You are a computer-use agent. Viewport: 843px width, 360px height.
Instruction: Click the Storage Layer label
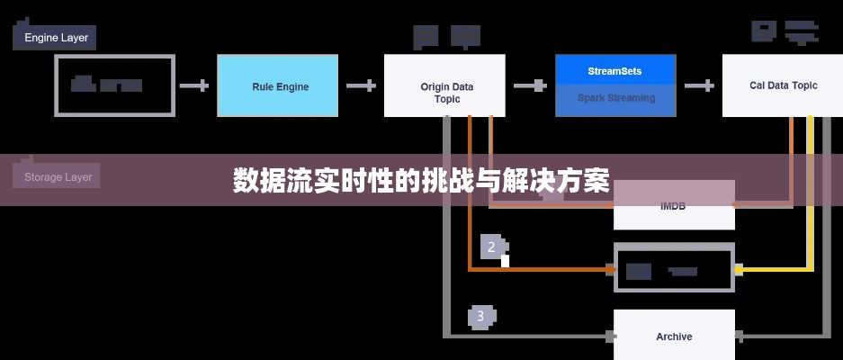[x=57, y=176]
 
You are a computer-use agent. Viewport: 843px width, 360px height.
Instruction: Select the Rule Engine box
[x=278, y=86]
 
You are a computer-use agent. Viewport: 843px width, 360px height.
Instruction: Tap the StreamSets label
[x=614, y=70]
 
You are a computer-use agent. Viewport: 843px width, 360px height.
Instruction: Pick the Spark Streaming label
[x=614, y=98]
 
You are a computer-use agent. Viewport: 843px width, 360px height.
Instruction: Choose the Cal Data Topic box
[x=783, y=85]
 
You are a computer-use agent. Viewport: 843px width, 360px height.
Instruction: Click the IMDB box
[x=673, y=206]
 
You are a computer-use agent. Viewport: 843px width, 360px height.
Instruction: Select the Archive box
[x=674, y=337]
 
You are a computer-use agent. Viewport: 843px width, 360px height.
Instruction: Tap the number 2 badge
[x=491, y=247]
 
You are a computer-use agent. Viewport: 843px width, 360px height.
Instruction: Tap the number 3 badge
[x=480, y=316]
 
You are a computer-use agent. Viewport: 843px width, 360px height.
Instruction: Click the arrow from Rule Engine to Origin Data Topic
[x=361, y=86]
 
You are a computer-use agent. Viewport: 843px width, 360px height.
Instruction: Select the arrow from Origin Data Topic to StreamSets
[x=529, y=86]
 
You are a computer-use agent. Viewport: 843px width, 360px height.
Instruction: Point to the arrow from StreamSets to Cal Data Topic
[x=698, y=86]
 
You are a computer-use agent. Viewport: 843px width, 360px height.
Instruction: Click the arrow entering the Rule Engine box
[x=194, y=86]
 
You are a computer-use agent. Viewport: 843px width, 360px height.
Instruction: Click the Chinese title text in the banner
[x=421, y=181]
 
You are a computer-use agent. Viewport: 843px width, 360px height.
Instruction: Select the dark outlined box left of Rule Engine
[x=115, y=85]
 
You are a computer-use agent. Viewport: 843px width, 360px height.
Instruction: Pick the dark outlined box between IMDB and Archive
[x=674, y=270]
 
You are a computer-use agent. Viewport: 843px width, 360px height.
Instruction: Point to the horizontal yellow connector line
[x=774, y=268]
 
